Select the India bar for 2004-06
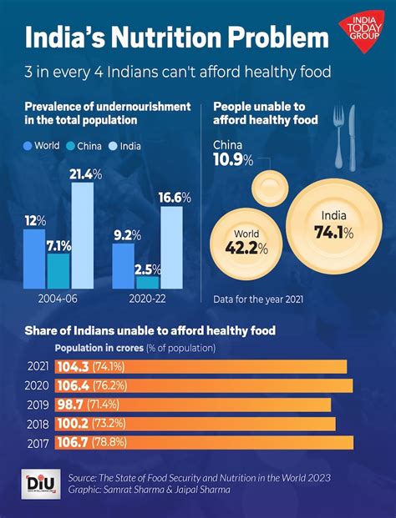click(82, 234)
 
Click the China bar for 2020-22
click(147, 282)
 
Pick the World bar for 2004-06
click(34, 258)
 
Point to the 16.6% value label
click(175, 198)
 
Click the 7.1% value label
click(58, 245)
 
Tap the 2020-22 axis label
click(147, 298)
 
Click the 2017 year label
click(36, 442)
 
